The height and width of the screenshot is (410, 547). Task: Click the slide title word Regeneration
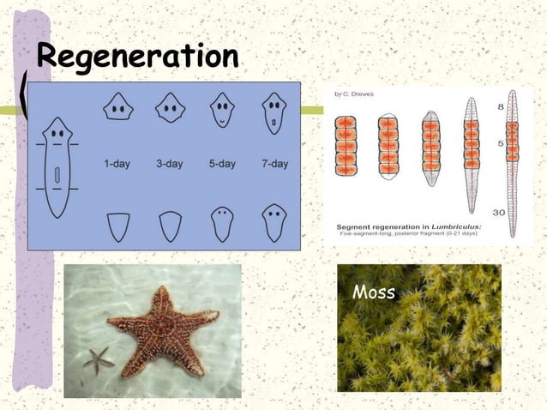[138, 57]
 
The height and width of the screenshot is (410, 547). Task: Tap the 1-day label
[117, 164]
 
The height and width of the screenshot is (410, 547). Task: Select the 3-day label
[169, 164]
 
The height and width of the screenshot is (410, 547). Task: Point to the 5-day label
[222, 164]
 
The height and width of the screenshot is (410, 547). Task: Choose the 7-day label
[274, 164]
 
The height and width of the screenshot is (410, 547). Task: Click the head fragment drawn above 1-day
[118, 109]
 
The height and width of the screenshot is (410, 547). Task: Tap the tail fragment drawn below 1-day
[118, 226]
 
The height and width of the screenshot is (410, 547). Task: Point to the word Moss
[374, 293]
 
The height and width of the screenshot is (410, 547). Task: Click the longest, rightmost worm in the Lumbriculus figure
[513, 163]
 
